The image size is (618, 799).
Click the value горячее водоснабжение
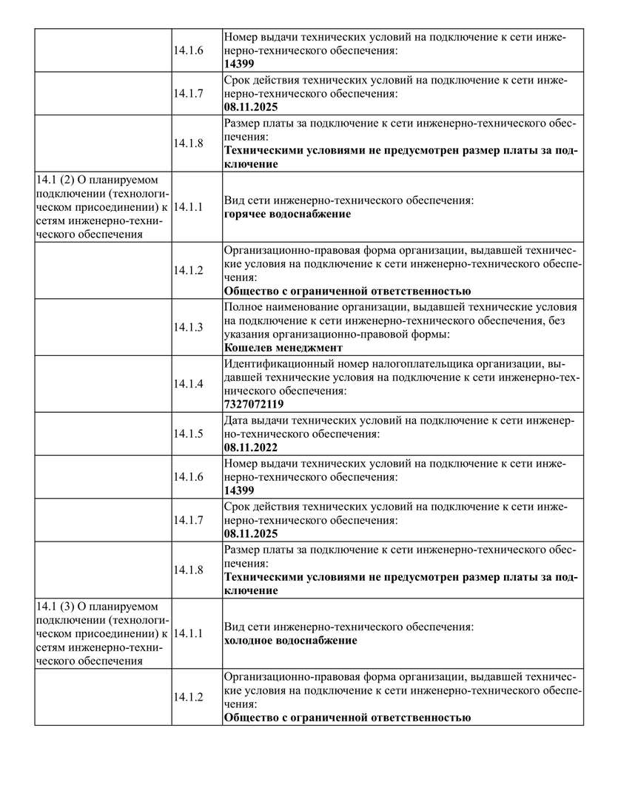tap(287, 215)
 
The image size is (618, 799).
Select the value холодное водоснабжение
tap(290, 641)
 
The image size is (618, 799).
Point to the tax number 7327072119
tap(253, 405)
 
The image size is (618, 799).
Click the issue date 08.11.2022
tap(251, 448)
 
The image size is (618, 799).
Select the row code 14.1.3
tap(188, 327)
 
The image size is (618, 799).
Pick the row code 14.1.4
tap(188, 384)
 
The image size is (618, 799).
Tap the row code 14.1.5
tap(188, 434)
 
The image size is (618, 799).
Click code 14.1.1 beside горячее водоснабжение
tap(188, 207)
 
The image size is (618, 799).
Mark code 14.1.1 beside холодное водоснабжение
tap(188, 633)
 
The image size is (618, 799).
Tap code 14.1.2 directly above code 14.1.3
tap(188, 270)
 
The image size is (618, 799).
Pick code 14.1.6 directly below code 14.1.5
tap(188, 476)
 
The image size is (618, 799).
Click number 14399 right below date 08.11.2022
tap(239, 490)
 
